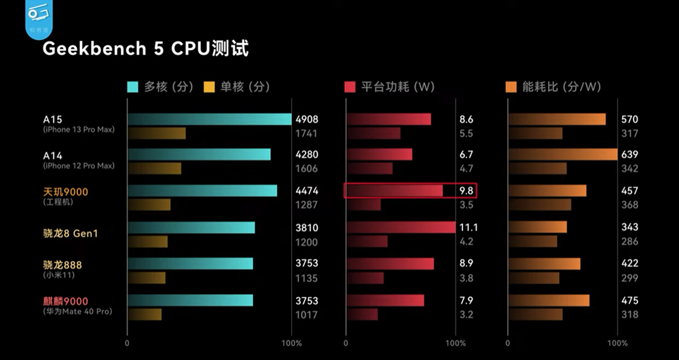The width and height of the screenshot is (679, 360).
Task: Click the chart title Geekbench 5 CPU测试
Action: [145, 49]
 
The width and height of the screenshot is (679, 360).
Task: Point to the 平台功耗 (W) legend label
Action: [398, 87]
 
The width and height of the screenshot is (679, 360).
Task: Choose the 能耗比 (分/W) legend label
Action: [562, 87]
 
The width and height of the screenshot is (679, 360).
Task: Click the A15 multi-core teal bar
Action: [209, 120]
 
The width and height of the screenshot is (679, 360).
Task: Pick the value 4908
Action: [306, 120]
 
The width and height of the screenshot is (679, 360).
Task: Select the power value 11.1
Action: [469, 228]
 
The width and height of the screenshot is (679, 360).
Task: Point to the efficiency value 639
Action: [629, 155]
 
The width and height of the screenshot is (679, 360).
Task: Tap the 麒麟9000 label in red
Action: [66, 301]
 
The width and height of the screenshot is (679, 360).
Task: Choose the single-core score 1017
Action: [306, 314]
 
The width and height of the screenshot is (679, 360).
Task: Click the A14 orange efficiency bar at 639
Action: [562, 155]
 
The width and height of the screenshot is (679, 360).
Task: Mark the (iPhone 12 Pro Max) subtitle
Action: [79, 166]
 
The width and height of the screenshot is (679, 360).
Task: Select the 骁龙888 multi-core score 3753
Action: [306, 264]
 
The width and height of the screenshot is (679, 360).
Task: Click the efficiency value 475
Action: [629, 301]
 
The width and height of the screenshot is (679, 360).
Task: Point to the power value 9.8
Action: [466, 192]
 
